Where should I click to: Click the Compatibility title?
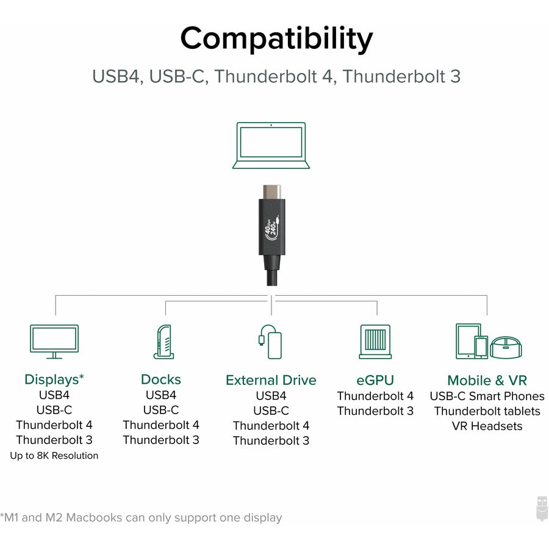pos(276,39)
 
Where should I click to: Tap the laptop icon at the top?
pos(271,145)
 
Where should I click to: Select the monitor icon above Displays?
pos(54,341)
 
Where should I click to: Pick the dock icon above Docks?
pos(163,341)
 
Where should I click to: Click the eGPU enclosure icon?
pos(375,341)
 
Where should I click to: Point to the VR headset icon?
pos(506,347)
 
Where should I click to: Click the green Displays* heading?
pos(54,379)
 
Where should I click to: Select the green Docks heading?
pos(161,379)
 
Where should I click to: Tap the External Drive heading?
pos(271,380)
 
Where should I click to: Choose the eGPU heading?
pos(375,380)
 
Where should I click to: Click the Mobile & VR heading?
pos(487,380)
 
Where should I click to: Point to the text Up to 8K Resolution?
pos(54,456)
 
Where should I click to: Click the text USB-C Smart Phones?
pos(487,396)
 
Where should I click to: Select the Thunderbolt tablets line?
pos(487,411)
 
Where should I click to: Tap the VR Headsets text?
pos(487,426)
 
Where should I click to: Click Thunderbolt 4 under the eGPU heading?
pos(375,396)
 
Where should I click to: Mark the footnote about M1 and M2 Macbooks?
pos(142,518)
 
